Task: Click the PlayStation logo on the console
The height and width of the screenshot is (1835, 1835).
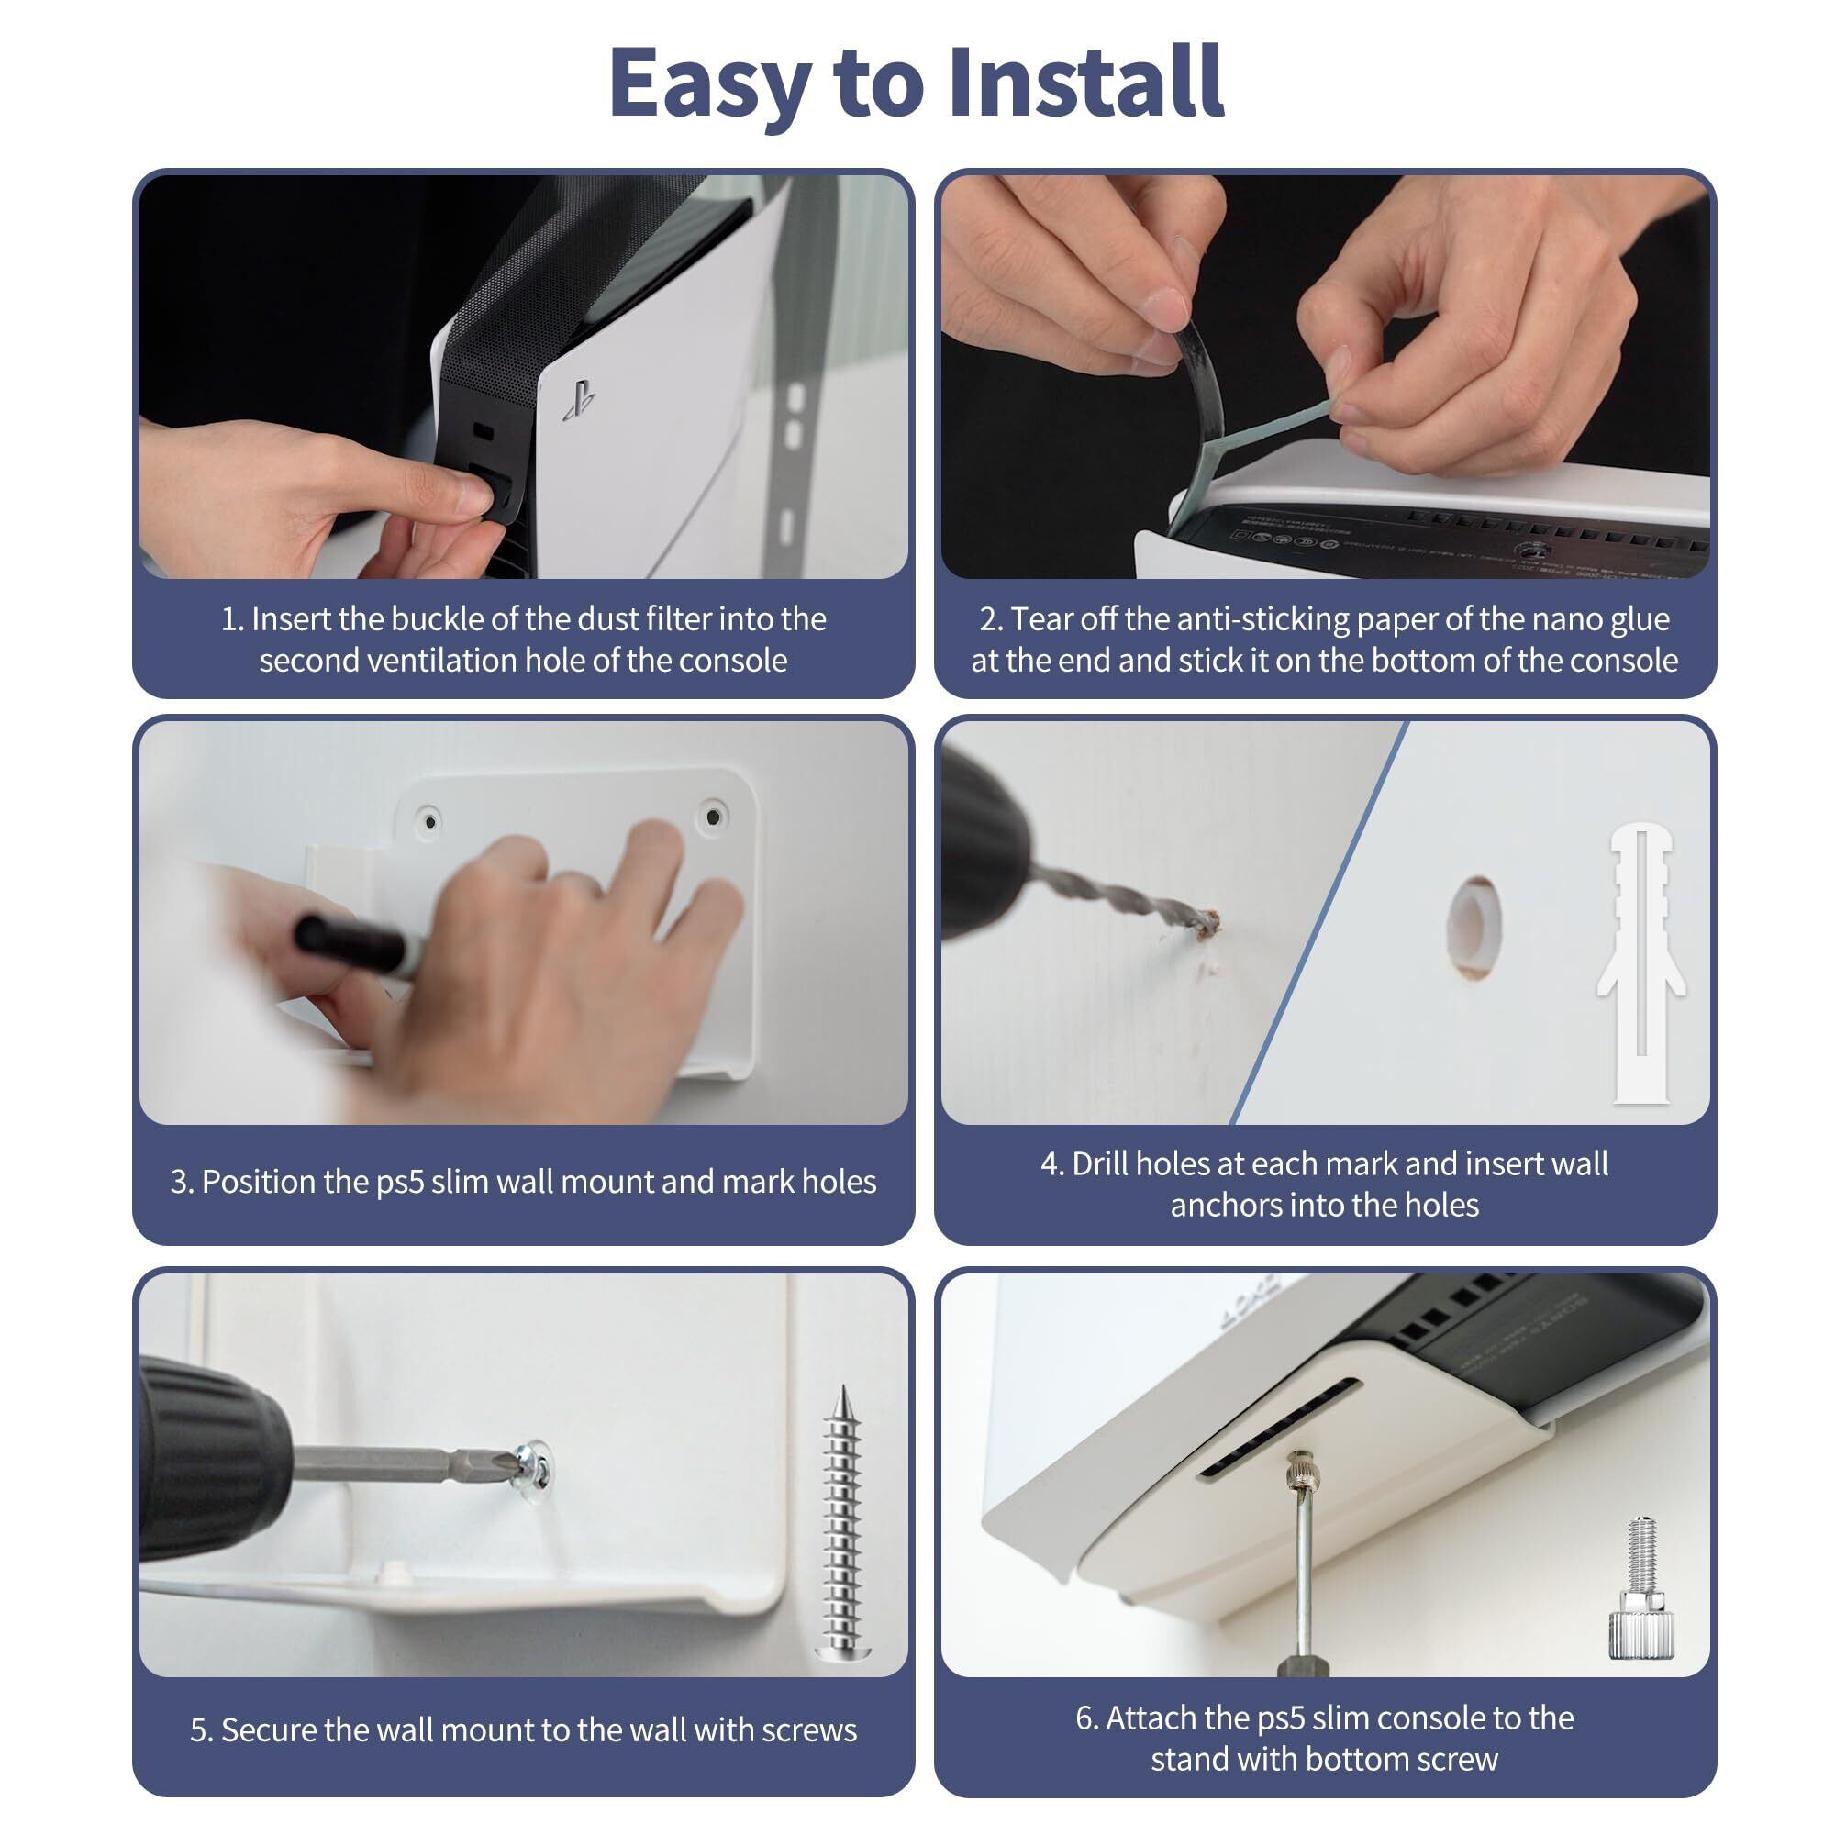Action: pos(578,400)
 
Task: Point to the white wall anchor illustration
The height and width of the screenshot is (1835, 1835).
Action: pos(1640,964)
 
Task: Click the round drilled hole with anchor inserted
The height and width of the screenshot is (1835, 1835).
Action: pos(1474,928)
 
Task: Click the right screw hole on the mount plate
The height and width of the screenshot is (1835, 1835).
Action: pos(712,816)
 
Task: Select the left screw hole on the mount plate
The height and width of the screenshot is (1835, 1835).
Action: pos(429,819)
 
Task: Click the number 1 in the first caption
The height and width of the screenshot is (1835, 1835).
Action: pos(228,619)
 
